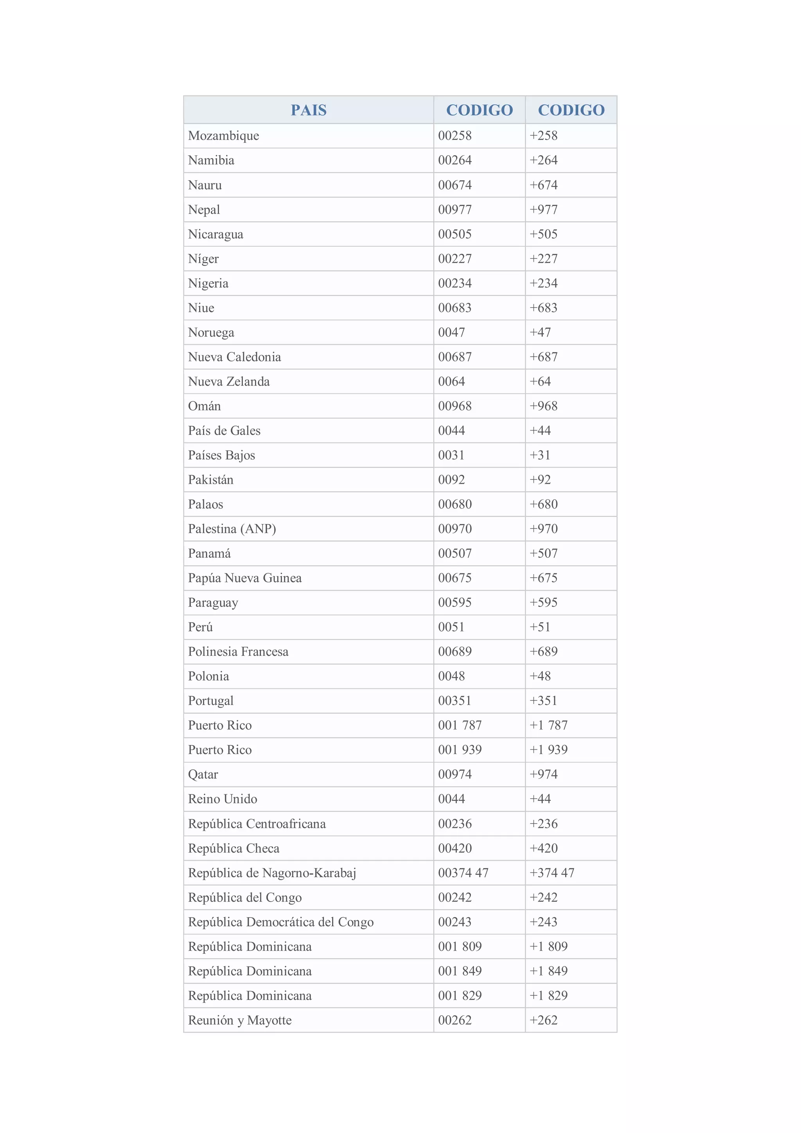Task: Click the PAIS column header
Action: coord(309,110)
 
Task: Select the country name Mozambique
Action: coord(224,136)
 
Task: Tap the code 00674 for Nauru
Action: coord(454,185)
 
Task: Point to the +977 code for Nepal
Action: coord(543,210)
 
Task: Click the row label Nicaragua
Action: coord(216,234)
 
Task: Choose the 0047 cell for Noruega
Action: coord(451,332)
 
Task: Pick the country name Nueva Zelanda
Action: coord(229,381)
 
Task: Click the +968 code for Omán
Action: coord(543,406)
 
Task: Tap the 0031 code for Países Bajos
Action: coord(451,455)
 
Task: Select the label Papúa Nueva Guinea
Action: coord(245,578)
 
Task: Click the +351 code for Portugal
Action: coord(543,701)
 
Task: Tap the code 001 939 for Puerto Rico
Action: coord(460,750)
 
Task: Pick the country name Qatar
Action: coord(203,775)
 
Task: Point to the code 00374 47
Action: coord(463,873)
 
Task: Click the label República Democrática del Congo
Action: coord(281,922)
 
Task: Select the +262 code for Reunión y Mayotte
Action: coord(543,1020)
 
